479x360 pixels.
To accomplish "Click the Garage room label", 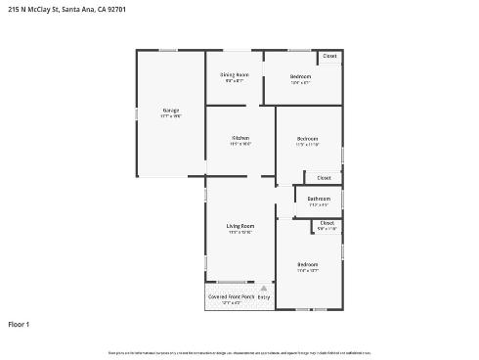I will [x=170, y=110].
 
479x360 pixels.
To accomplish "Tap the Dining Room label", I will [x=234, y=74].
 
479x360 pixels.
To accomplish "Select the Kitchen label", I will [x=240, y=138].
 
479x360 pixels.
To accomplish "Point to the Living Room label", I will [x=239, y=226].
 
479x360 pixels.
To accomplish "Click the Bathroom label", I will [x=319, y=199].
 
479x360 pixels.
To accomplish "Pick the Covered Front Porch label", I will [x=231, y=296].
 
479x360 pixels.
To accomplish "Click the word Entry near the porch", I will [x=263, y=296].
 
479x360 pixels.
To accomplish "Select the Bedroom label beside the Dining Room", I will [x=300, y=76].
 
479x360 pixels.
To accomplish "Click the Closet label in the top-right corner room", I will [x=329, y=57].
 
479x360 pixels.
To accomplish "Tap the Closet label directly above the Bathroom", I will [x=325, y=177].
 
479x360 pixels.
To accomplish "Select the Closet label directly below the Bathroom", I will [x=327, y=223].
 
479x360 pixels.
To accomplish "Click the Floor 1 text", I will [x=20, y=324].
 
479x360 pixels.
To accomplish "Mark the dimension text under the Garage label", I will [x=170, y=115].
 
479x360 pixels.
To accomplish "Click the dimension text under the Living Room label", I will [x=239, y=232].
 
